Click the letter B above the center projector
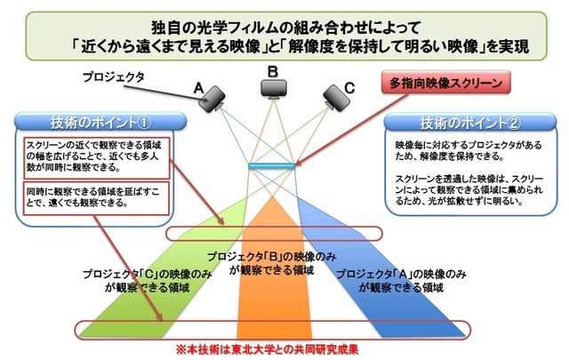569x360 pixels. tap(274, 70)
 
